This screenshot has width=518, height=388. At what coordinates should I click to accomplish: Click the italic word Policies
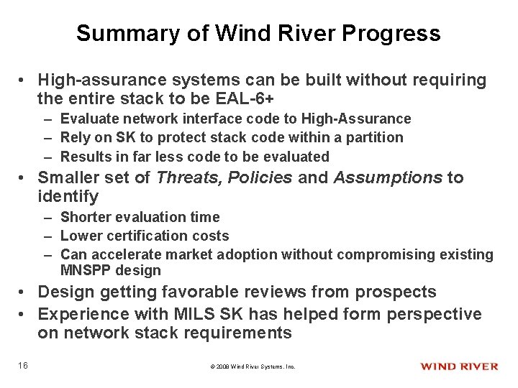pos(259,177)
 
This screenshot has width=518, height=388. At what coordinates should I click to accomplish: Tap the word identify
pos(68,196)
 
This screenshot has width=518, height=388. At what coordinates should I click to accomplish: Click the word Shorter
pos(83,216)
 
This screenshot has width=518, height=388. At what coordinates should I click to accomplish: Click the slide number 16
pos(24,366)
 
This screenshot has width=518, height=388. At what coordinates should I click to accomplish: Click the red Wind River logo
pos(458,366)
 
